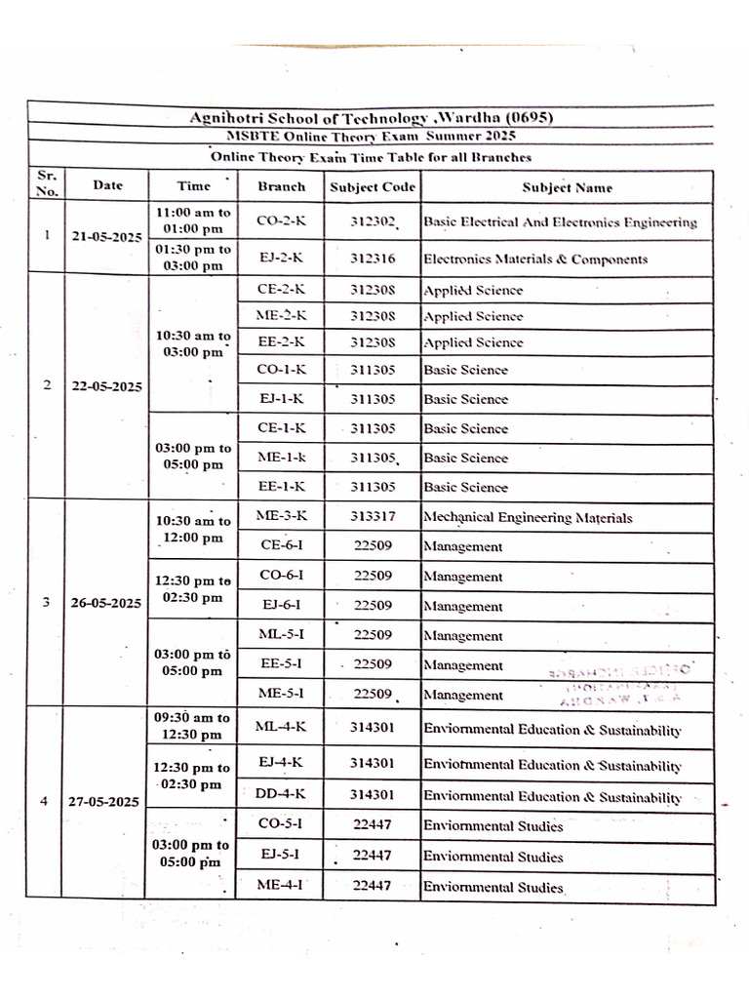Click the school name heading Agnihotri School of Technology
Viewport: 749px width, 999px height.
[x=372, y=117]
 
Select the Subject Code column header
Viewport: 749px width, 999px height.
[x=372, y=186]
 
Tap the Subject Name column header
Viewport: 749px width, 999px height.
[x=567, y=186]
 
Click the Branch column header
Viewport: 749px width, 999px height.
[x=281, y=186]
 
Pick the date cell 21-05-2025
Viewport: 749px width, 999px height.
[x=106, y=237]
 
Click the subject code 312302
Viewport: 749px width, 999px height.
[x=372, y=222]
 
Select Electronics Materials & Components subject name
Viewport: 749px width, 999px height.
[x=535, y=260]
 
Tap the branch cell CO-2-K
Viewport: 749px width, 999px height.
[x=281, y=221]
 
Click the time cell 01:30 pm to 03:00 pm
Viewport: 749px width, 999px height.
[x=193, y=258]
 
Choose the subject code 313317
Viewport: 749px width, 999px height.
[x=372, y=517]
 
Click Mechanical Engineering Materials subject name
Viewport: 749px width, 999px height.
[x=528, y=518]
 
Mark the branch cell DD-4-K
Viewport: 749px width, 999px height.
[x=281, y=795]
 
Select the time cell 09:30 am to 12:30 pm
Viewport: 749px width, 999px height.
[x=192, y=725]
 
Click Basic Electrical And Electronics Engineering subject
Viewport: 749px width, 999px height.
[x=560, y=222]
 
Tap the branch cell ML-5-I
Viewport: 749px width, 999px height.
[x=281, y=635]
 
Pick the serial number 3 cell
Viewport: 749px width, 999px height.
[x=45, y=602]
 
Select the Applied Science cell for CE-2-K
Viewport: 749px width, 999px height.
[x=473, y=291]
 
